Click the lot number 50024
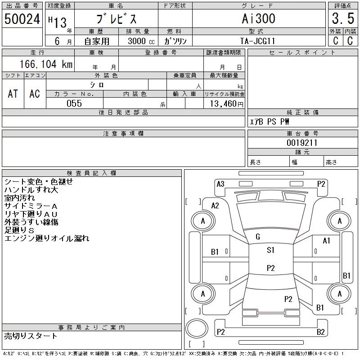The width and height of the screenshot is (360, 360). point(22,19)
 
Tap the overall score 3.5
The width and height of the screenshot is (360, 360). point(343,18)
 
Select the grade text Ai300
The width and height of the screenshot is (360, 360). point(258,18)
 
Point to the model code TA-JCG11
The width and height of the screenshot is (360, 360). point(257,41)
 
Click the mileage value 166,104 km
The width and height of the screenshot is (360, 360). point(46,64)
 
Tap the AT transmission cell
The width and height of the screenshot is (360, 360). point(13,94)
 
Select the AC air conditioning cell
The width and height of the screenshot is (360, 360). point(35,94)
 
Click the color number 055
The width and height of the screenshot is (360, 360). point(74,103)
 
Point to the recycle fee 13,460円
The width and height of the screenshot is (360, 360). point(227,104)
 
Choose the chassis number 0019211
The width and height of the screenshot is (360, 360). point(302,143)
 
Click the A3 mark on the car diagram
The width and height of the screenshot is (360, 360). point(220,184)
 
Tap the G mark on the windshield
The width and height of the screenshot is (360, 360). point(258,237)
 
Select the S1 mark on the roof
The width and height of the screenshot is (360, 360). point(270,250)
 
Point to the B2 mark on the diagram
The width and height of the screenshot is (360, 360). point(320,332)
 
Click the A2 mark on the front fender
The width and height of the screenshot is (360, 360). point(215,206)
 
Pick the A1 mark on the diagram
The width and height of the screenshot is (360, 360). point(326,241)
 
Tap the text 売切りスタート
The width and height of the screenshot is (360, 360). point(31,336)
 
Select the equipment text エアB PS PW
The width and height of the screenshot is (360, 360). point(270,121)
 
